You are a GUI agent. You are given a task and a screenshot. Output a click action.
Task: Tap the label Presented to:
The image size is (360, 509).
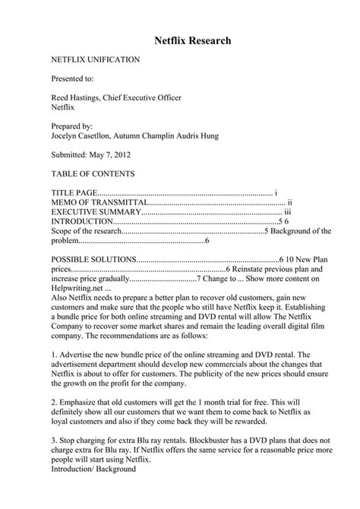point(72,78)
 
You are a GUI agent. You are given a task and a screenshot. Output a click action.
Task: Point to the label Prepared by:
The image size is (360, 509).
point(71,127)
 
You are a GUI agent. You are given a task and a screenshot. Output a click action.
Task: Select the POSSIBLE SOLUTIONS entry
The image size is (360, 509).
point(93,259)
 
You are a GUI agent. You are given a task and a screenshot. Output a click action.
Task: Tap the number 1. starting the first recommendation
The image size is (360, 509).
point(54,354)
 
